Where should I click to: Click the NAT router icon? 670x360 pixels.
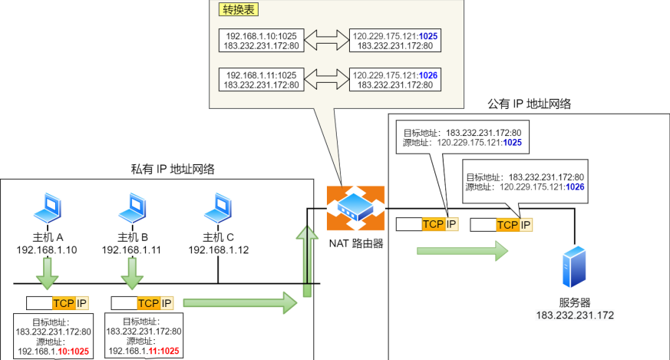[355, 208]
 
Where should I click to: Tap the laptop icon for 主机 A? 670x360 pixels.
[48, 206]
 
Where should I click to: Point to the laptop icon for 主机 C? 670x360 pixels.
[219, 206]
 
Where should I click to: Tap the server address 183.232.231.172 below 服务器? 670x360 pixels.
[575, 315]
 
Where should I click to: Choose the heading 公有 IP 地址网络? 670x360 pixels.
[529, 104]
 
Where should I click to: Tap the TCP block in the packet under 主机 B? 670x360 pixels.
[149, 303]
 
